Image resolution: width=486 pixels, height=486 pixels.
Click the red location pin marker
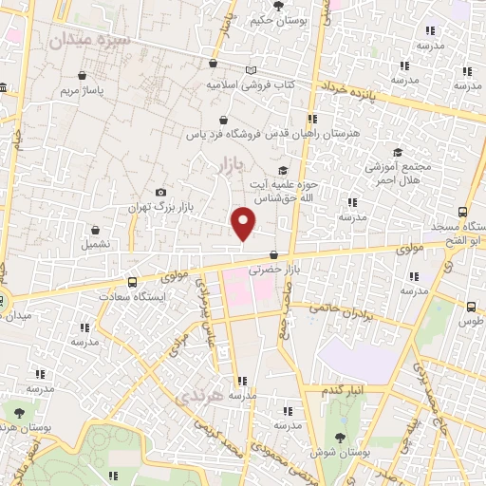[244, 223]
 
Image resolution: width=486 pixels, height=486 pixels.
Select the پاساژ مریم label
[81, 91]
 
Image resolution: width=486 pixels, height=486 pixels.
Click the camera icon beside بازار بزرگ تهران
[159, 192]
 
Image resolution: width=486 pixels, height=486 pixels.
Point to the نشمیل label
[95, 244]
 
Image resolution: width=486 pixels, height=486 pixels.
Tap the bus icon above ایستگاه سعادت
[131, 281]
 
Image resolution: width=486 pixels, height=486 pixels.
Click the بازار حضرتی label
[274, 270]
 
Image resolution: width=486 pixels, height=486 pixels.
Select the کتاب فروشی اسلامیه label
[251, 84]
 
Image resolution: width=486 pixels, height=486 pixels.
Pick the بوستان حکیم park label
[277, 19]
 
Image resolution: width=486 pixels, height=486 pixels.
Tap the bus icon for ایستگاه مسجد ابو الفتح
[462, 213]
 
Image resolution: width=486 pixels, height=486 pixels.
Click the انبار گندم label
[340, 390]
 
